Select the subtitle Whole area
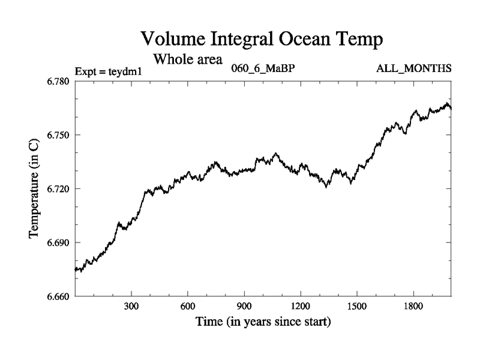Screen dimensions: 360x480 [188, 59]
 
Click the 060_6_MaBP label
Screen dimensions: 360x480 [263, 68]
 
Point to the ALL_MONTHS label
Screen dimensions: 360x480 [413, 68]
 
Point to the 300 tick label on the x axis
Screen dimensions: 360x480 [131, 306]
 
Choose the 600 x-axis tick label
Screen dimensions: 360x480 [188, 306]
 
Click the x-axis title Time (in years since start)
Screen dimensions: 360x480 [263, 322]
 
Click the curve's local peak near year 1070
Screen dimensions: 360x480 [276, 154]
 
